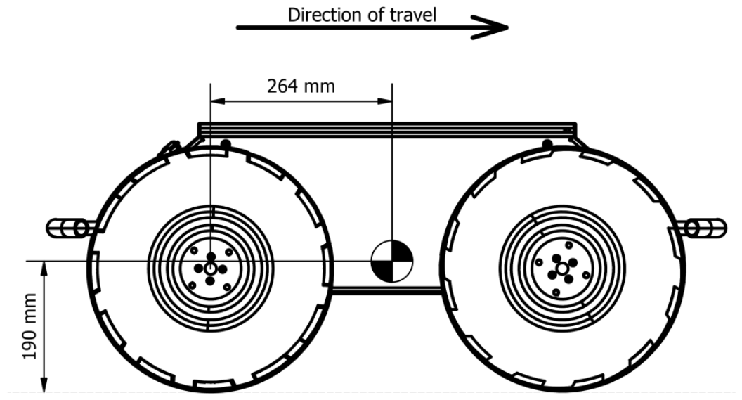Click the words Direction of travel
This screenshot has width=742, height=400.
click(362, 15)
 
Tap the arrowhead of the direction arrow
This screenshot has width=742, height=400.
click(492, 27)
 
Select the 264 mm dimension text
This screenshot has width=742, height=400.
click(301, 86)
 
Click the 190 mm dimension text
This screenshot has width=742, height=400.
click(30, 326)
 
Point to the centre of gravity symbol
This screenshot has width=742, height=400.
click(392, 261)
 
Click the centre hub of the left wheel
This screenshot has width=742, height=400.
click(211, 269)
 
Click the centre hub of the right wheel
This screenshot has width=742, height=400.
click(561, 269)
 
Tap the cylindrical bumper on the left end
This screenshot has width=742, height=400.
click(71, 228)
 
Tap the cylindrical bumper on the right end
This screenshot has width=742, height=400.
click(702, 228)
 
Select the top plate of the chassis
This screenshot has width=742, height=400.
click(386, 130)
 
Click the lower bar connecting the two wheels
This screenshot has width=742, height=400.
click(387, 290)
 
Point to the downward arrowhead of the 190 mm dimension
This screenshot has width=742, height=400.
click(44, 385)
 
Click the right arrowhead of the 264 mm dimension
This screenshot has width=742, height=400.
click(385, 101)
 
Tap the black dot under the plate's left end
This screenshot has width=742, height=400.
click(226, 143)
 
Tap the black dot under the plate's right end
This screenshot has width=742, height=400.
click(547, 143)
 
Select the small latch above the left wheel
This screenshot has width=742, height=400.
click(169, 148)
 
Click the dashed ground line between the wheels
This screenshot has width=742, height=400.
click(387, 392)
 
